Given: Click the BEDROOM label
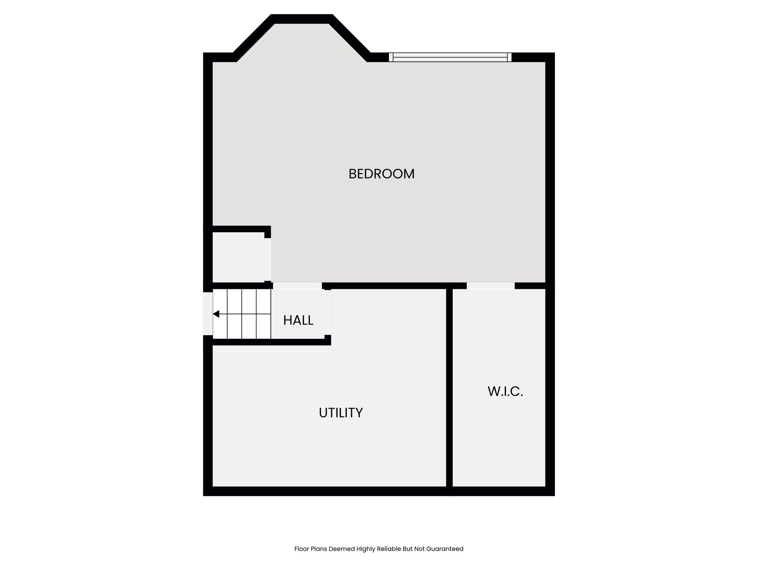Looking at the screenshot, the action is [382, 174].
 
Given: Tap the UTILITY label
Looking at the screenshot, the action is [341, 413].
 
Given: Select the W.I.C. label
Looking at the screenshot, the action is [505, 391].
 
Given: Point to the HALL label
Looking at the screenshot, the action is [298, 320].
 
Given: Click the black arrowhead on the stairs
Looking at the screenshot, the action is [216, 314].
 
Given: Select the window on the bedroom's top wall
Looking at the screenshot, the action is [450, 57].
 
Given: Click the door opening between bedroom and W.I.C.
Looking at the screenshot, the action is [490, 285].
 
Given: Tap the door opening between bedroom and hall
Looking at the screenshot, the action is [297, 285].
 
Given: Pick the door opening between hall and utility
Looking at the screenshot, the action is [328, 312].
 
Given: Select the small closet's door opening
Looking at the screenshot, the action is [268, 260].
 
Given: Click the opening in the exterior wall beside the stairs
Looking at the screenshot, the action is [208, 314].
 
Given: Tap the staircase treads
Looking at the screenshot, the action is [242, 314].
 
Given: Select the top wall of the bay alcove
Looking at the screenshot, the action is [302, 19].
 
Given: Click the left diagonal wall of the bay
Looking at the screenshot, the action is [254, 38].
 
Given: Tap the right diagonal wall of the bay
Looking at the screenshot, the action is [349, 38].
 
